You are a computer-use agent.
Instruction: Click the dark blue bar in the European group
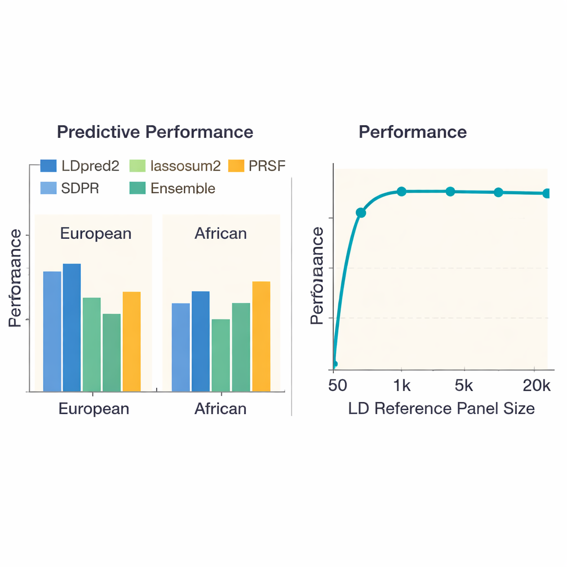point(72,327)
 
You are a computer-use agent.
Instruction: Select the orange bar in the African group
point(261,336)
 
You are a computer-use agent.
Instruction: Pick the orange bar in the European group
point(132,341)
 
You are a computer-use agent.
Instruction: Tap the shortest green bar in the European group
point(111,352)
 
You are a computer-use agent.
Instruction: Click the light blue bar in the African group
point(181,347)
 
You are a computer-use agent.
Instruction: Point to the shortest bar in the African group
point(220,355)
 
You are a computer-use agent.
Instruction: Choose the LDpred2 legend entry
point(80,166)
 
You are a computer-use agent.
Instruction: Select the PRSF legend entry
point(257,166)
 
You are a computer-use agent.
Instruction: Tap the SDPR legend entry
point(70,188)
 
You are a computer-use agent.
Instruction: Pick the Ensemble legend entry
point(172,188)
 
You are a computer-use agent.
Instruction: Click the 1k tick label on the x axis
point(402,385)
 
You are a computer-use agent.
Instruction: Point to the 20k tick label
point(537,385)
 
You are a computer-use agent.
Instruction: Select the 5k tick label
point(463,385)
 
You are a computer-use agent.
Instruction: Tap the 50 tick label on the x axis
point(338,385)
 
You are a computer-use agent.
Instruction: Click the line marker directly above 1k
point(401,192)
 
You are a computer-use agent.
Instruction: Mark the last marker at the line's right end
point(547,193)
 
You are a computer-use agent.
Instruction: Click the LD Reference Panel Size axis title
point(441,409)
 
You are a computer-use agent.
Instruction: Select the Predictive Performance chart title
point(155,132)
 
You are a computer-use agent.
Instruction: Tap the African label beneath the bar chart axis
point(220,409)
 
